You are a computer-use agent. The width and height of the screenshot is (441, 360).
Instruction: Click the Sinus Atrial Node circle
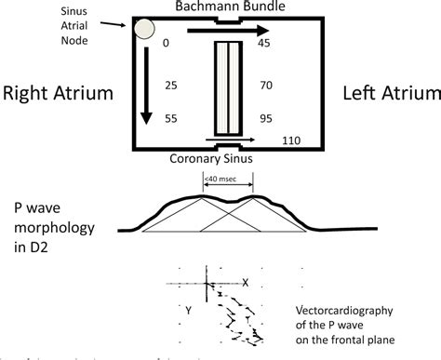[x=145, y=29]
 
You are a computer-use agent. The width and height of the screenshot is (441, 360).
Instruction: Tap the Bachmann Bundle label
[x=227, y=7]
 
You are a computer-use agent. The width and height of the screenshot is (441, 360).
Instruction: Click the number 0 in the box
[x=167, y=44]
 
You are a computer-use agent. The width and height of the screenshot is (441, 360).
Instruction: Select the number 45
[x=265, y=44]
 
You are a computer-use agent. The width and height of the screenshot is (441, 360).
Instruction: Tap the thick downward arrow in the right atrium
[x=145, y=84]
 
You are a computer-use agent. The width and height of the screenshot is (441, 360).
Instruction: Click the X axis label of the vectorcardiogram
[x=245, y=282]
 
